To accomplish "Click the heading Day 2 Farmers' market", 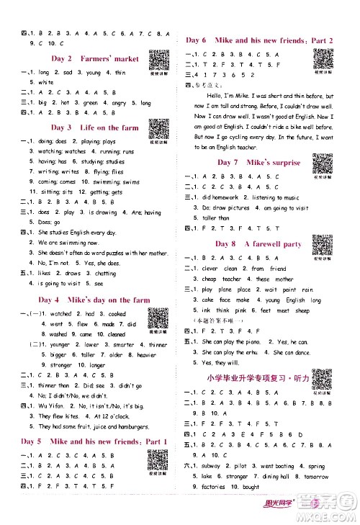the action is click(89, 57).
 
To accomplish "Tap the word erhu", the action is click(244, 353).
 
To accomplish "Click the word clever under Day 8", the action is click(210, 268).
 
